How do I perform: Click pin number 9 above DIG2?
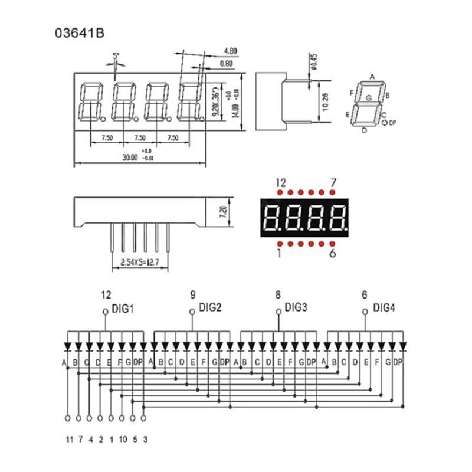[192, 294]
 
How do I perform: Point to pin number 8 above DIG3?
[278, 294]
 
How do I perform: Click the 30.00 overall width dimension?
[129, 158]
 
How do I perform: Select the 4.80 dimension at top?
[231, 51]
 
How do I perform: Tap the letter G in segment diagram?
[369, 97]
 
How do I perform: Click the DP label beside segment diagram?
[394, 123]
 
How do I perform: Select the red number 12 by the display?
[281, 183]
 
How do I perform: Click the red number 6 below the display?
[332, 254]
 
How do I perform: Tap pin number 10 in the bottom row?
[122, 440]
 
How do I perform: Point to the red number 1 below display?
[278, 254]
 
